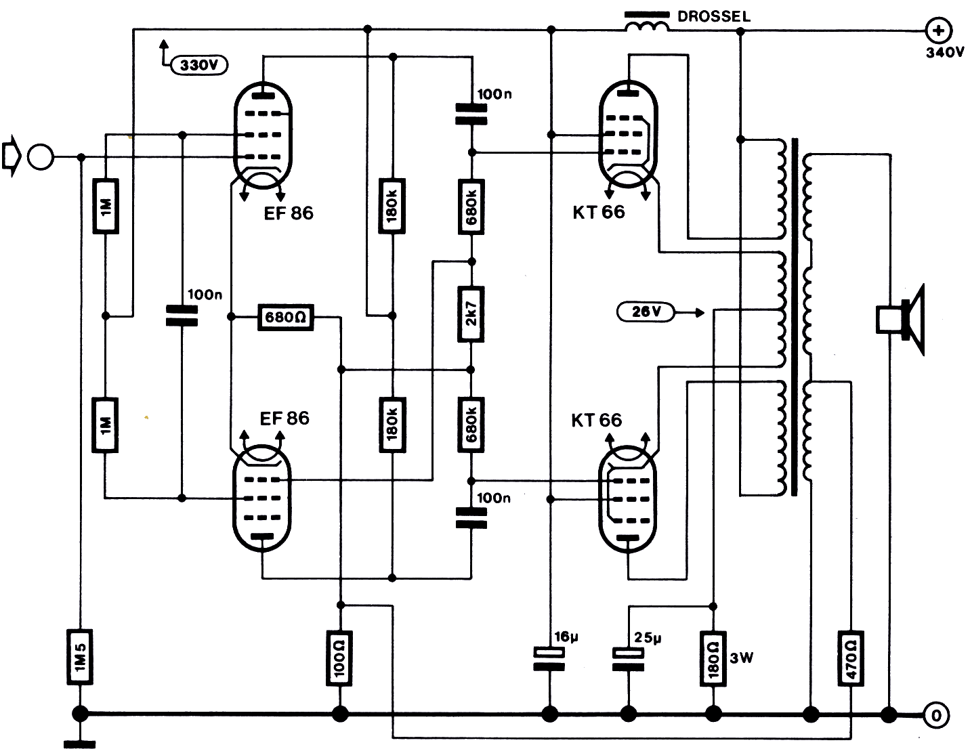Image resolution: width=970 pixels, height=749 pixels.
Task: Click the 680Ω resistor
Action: tap(286, 316)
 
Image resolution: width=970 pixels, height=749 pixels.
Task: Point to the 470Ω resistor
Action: tap(851, 658)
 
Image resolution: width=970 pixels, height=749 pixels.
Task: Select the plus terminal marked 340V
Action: tap(939, 30)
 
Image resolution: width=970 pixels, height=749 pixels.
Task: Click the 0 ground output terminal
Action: tap(936, 714)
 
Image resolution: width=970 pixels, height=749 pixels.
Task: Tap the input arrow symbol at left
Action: tap(12, 157)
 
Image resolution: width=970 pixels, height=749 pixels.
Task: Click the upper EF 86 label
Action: tap(289, 213)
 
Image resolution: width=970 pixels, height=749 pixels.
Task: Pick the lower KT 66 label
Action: tap(596, 420)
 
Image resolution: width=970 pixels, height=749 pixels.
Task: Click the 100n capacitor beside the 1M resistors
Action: tap(182, 316)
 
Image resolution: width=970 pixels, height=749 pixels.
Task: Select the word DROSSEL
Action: tap(714, 16)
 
